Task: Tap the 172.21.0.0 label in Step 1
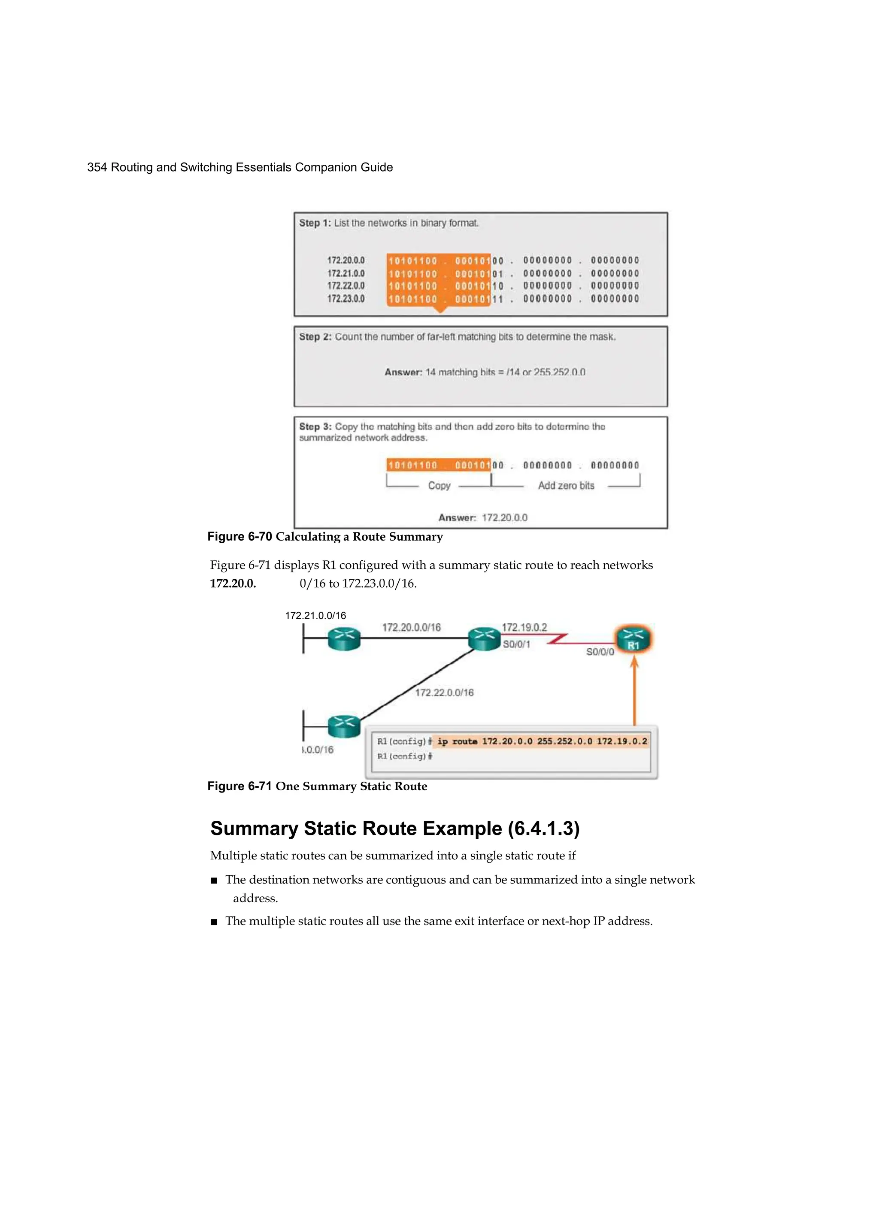pos(346,273)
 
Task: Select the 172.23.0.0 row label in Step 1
pos(346,299)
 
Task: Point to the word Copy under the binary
pos(439,486)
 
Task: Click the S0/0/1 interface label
pos(516,644)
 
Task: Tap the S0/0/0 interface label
pos(600,652)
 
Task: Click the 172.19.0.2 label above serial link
pos(524,627)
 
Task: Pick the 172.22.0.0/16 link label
pos(444,692)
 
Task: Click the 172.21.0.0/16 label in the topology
pos(315,616)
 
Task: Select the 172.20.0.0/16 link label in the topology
pos(411,627)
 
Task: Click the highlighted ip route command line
pos(541,741)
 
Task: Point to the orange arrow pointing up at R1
pos(634,693)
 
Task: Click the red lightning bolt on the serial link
pos(558,639)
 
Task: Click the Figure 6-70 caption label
pos(239,537)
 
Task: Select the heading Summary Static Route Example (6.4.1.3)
pos(395,828)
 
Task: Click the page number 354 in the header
pos(97,167)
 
